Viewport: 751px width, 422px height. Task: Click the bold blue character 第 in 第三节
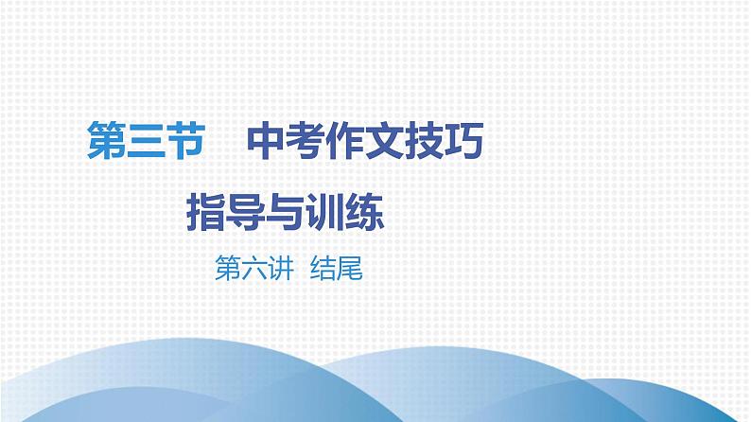(104, 145)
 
